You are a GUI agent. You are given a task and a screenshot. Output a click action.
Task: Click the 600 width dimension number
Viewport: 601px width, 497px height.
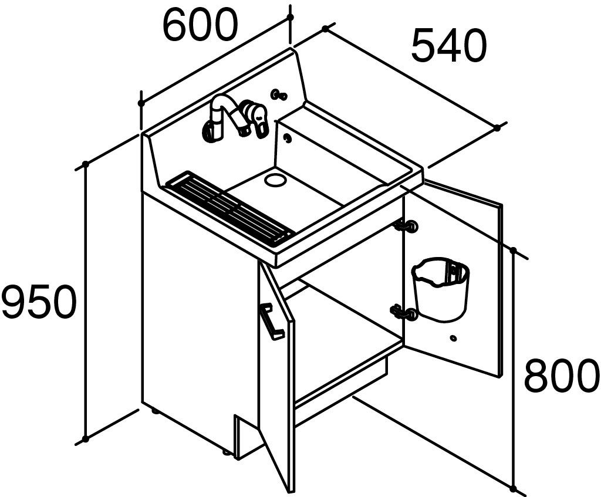201,23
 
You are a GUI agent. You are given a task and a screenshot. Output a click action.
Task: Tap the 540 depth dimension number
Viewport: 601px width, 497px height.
449,45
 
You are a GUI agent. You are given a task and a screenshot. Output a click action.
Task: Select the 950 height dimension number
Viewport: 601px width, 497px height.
37,301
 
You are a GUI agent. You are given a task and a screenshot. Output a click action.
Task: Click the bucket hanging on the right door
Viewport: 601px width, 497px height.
441,289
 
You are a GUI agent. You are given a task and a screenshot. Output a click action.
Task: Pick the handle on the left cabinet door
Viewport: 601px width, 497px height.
272,320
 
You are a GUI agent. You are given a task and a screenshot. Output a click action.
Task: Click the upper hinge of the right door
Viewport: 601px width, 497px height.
406,226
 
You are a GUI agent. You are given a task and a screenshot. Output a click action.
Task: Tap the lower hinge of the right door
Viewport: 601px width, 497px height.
404,312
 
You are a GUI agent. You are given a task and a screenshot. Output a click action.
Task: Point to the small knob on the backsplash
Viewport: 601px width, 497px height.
279,94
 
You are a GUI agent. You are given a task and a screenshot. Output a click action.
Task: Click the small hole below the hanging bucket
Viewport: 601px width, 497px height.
454,338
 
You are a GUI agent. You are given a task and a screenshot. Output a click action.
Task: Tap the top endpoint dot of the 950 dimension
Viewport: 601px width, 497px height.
86,164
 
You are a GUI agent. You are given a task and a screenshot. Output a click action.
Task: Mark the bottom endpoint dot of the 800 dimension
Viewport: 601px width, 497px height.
513,489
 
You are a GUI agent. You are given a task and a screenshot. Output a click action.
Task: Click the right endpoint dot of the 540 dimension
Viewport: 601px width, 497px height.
497,128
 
